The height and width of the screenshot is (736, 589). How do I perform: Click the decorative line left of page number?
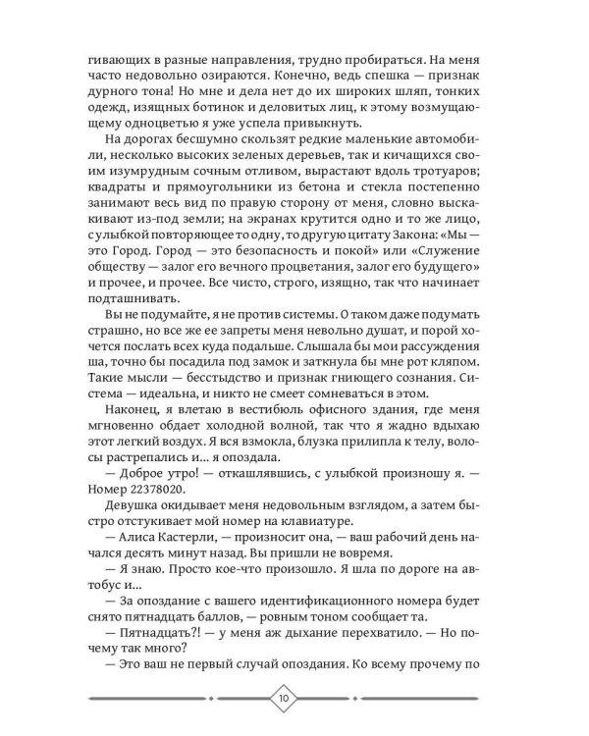[x=177, y=700]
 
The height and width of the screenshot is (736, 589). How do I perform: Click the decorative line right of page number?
[x=412, y=700]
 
